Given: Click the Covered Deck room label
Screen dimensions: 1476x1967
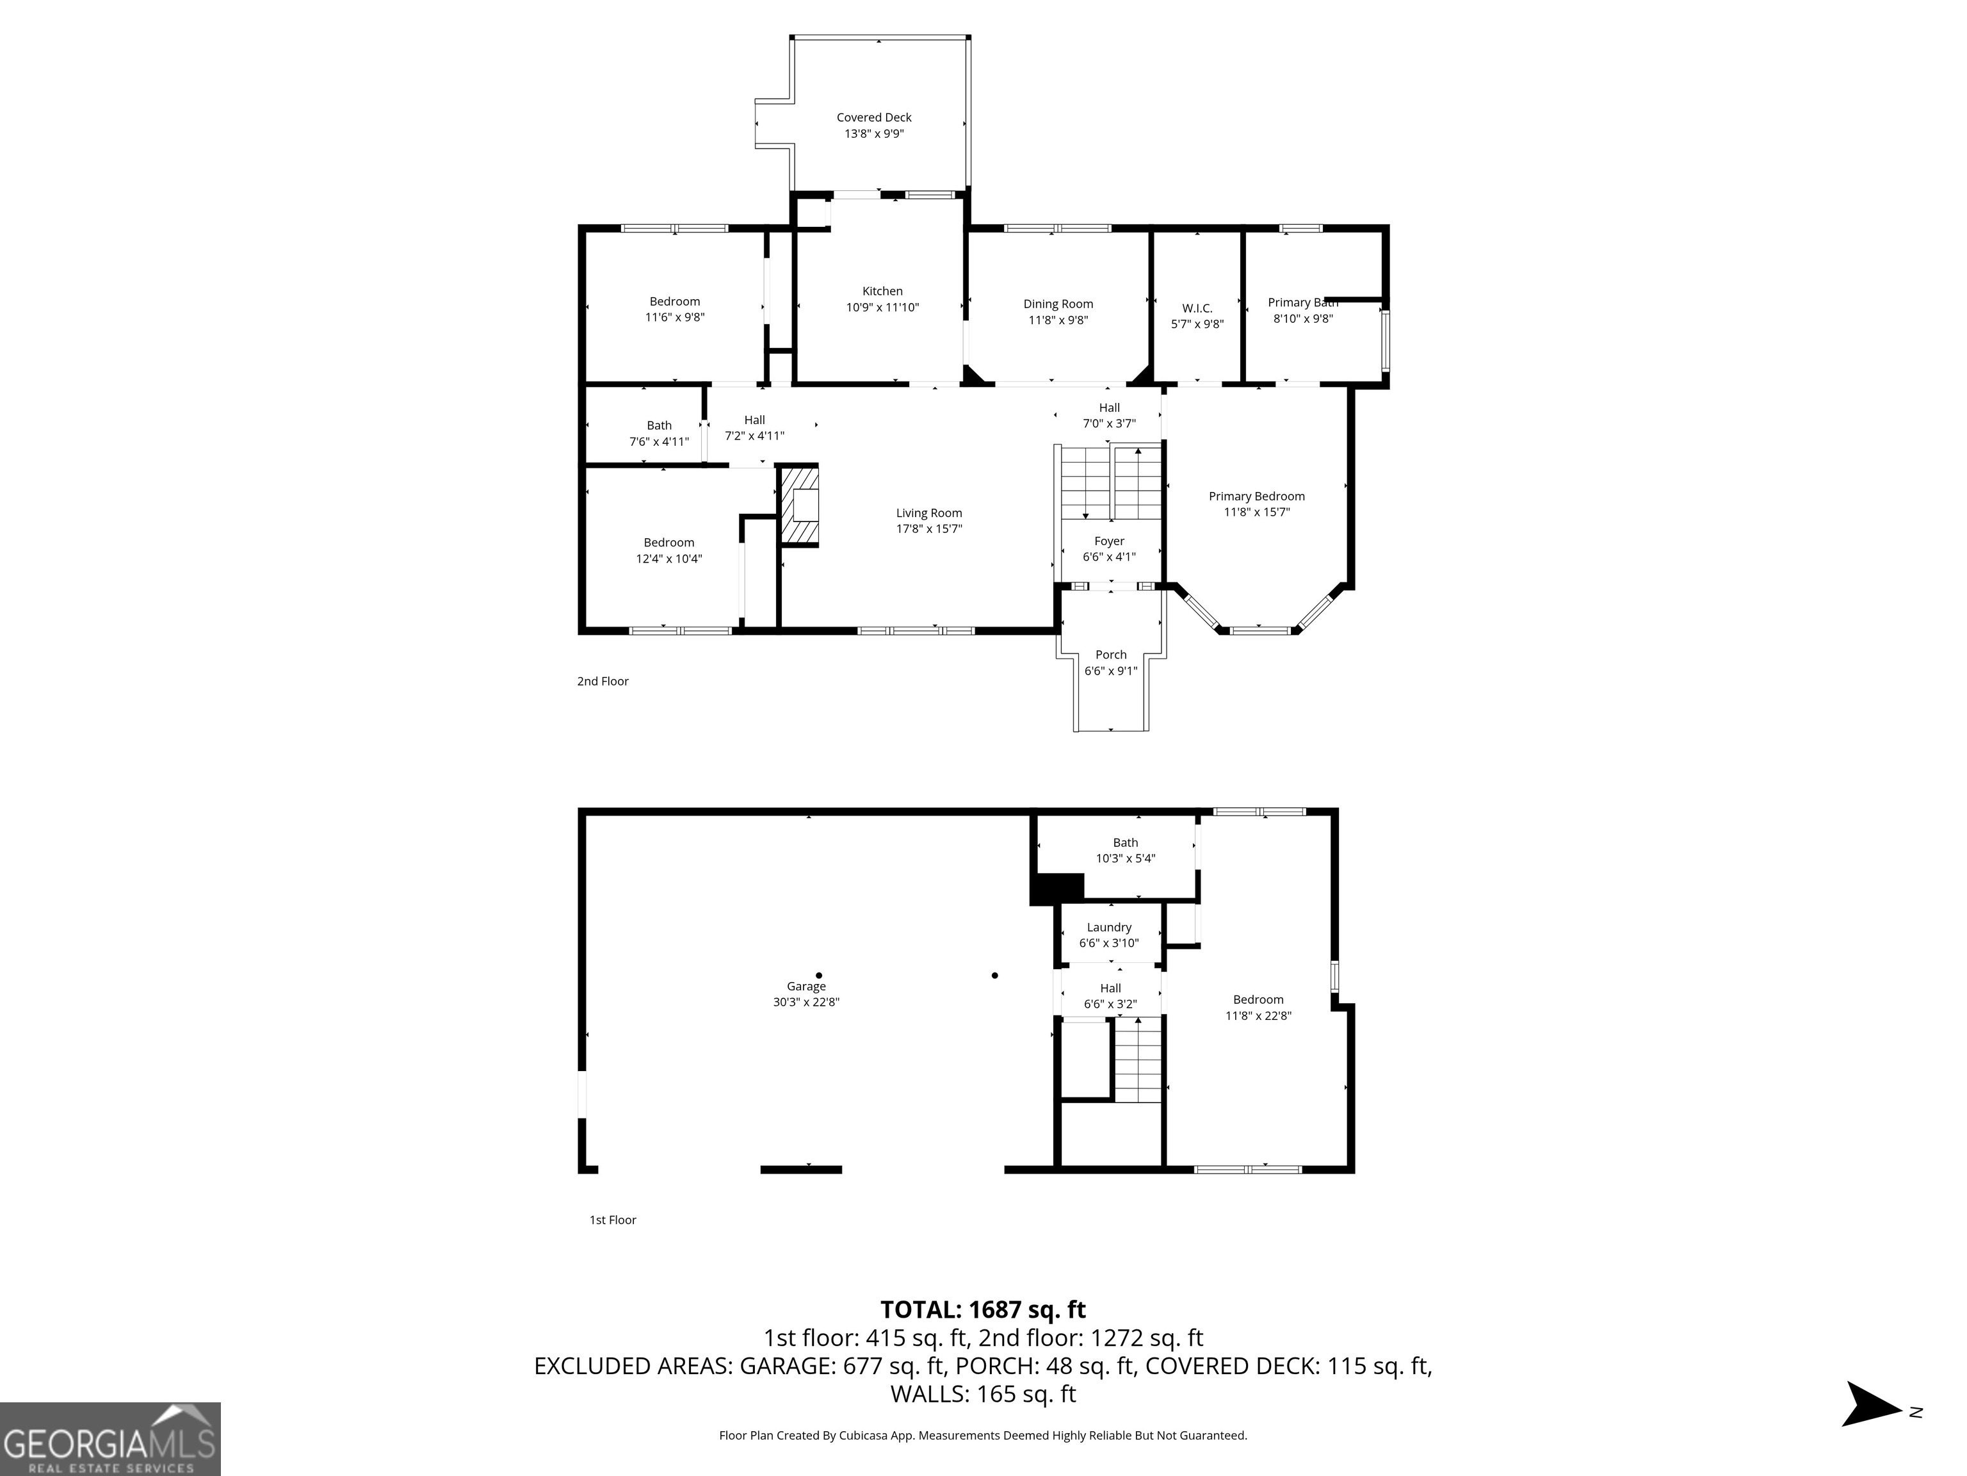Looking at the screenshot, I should (873, 117).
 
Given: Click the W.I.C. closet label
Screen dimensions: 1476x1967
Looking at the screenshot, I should (1197, 309).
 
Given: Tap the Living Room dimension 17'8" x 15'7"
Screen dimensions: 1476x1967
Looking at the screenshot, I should (928, 529).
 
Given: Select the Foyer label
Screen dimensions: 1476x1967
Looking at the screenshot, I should (1109, 541).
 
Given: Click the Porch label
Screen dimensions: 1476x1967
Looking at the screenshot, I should (1111, 655).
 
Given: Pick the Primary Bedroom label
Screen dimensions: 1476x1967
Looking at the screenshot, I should (1256, 496).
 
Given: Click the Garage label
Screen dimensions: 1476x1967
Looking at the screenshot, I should (805, 986).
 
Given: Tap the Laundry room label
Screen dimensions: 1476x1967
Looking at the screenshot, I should (1109, 927).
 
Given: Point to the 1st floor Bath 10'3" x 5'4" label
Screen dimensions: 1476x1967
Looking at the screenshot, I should (1125, 851).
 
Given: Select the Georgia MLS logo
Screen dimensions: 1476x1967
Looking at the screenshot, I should (109, 1439).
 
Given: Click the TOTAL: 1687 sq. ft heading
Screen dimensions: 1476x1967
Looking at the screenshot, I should (983, 1309).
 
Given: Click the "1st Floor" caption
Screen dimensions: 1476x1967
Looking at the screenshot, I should (613, 1220).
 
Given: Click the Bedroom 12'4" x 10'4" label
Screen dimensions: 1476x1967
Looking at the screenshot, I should (668, 543).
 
